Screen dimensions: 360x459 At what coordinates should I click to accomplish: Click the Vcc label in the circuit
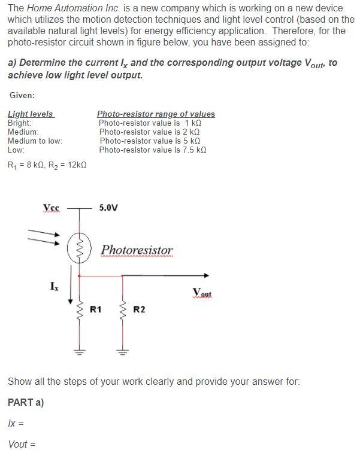(52, 208)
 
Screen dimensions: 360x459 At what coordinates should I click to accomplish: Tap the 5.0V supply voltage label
(108, 208)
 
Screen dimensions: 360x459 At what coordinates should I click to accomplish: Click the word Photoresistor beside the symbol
(137, 250)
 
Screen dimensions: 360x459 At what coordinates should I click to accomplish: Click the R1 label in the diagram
(95, 309)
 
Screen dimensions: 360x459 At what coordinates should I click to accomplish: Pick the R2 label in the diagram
(139, 309)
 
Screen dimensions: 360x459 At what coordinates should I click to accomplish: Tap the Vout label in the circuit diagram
(203, 292)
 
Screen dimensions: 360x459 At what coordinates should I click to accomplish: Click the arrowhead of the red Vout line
(206, 275)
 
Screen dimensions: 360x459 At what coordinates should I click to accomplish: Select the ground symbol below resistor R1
(77, 351)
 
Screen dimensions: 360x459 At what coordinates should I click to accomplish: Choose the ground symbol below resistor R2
(122, 351)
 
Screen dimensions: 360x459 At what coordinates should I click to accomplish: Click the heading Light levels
(30, 114)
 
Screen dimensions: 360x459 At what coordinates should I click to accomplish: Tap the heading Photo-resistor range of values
(156, 114)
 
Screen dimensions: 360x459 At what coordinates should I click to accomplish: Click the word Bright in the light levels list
(19, 123)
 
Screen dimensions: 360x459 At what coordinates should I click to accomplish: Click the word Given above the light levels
(22, 95)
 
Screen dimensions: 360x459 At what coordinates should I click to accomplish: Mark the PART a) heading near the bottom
(26, 402)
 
